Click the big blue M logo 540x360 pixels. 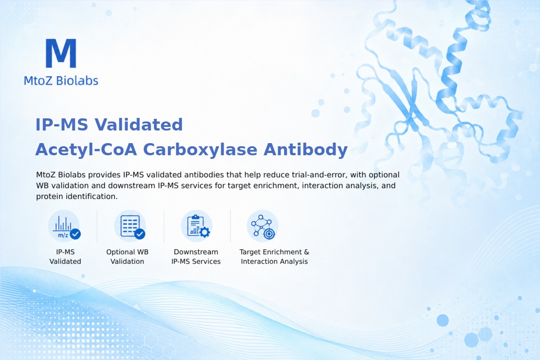61,53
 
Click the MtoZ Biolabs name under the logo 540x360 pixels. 61,81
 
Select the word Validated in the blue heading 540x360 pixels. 139,125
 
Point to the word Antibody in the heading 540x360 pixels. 306,149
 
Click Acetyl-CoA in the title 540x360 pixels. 86,149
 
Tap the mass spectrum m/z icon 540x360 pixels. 64,226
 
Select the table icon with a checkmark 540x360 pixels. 130,226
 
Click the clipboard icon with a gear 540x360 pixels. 197,226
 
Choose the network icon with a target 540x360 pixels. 263,226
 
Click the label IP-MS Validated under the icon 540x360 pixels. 65,256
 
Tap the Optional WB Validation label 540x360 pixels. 127,256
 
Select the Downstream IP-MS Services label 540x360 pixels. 196,256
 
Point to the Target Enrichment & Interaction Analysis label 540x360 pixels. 274,256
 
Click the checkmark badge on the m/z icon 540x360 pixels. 75,234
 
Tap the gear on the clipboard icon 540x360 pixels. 205,232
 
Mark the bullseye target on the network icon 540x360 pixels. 269,234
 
